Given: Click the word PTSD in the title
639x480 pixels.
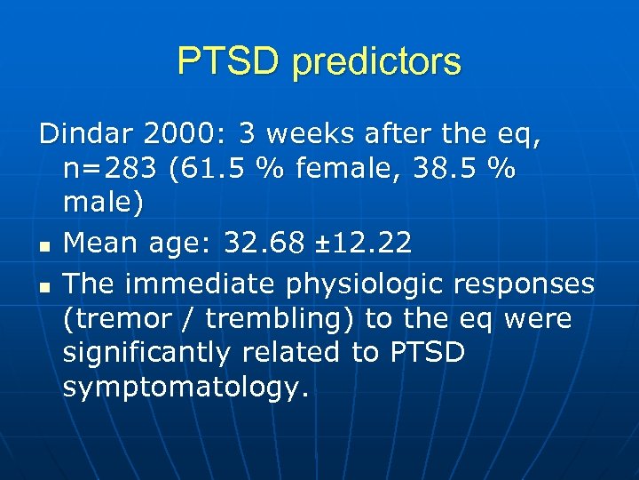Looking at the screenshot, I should [x=228, y=61].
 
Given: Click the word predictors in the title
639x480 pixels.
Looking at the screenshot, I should [x=376, y=62].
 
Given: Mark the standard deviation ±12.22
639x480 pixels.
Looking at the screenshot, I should [x=368, y=243].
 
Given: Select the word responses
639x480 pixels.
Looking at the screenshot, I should [x=525, y=284].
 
